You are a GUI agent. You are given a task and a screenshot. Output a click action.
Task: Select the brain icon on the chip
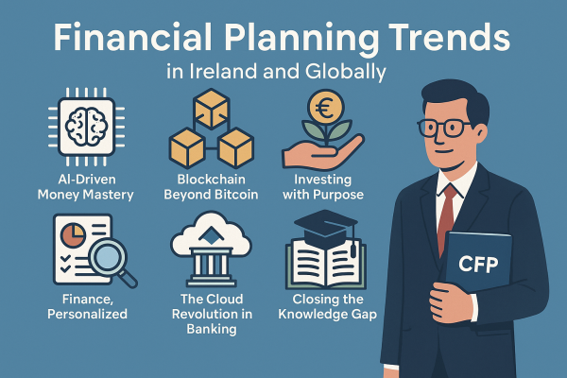pyautogui.click(x=86, y=127)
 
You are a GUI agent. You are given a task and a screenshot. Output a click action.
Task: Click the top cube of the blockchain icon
pyautogui.click(x=212, y=109)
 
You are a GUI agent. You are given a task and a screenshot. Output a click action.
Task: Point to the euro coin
pyautogui.click(x=325, y=107)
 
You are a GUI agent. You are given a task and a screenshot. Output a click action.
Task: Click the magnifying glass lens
pyautogui.click(x=107, y=258)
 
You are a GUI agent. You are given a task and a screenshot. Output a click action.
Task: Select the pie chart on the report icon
pyautogui.click(x=73, y=235)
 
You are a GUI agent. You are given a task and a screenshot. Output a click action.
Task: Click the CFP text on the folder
pyautogui.click(x=478, y=265)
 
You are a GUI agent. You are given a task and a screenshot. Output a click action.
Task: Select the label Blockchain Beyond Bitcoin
pyautogui.click(x=211, y=187)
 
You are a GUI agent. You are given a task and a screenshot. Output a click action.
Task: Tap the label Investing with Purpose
pyautogui.click(x=323, y=187)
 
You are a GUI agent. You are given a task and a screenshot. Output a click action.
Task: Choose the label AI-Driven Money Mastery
pyautogui.click(x=86, y=187)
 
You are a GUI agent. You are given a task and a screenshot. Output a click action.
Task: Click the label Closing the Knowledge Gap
pyautogui.click(x=328, y=307)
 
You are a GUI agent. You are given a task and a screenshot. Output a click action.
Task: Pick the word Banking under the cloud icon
pyautogui.click(x=212, y=329)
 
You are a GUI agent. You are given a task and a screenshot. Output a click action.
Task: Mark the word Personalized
pyautogui.click(x=87, y=314)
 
